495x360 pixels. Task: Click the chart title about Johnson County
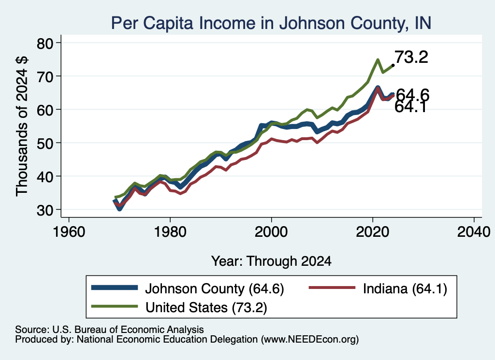pyautogui.click(x=271, y=23)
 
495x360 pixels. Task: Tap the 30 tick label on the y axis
pyautogui.click(x=45, y=210)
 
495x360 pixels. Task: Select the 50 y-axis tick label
pyautogui.click(x=45, y=143)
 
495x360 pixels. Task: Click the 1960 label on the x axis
pyautogui.click(x=69, y=232)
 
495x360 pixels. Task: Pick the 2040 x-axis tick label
pyautogui.click(x=474, y=232)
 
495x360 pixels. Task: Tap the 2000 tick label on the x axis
pyautogui.click(x=271, y=232)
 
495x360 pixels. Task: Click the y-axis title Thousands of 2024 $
pyautogui.click(x=22, y=126)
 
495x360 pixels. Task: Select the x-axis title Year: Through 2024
pyautogui.click(x=271, y=261)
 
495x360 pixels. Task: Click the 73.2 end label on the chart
pyautogui.click(x=411, y=57)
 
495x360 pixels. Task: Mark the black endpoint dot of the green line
pyautogui.click(x=393, y=65)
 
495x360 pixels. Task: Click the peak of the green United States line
pyautogui.click(x=378, y=59)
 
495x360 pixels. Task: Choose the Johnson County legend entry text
pyautogui.click(x=215, y=288)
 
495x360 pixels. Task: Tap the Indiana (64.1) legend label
pyautogui.click(x=405, y=288)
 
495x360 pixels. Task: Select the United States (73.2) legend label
pyautogui.click(x=206, y=307)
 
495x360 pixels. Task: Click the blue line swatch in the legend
pyautogui.click(x=115, y=288)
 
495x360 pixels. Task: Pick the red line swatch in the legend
pyautogui.click(x=332, y=288)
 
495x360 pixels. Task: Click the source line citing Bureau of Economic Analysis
pyautogui.click(x=109, y=330)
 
